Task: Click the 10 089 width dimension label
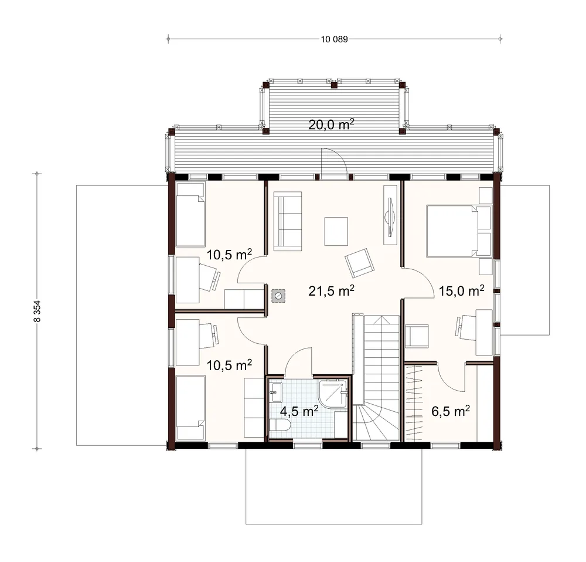[x=334, y=39]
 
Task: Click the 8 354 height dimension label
[x=37, y=312]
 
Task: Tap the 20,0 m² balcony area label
[x=331, y=124]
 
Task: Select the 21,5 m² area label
[x=331, y=290]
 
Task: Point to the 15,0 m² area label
[x=462, y=290]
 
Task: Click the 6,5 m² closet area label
[x=450, y=411]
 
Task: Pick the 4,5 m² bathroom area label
[x=299, y=411]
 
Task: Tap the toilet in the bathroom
[x=280, y=426]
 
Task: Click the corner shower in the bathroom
[x=333, y=393]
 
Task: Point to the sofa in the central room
[x=288, y=221]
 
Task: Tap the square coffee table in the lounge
[x=336, y=231]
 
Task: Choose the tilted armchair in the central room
[x=360, y=263]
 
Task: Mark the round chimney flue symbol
[x=278, y=296]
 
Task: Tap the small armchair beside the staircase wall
[x=417, y=336]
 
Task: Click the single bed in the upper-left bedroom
[x=190, y=214]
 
